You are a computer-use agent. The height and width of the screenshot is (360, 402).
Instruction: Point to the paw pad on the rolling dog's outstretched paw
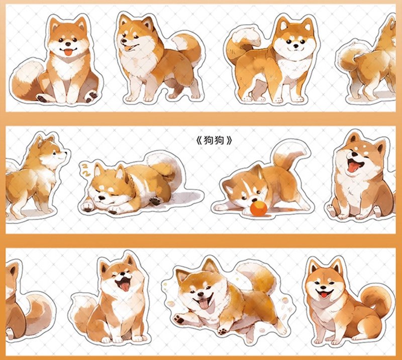point(179,318)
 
